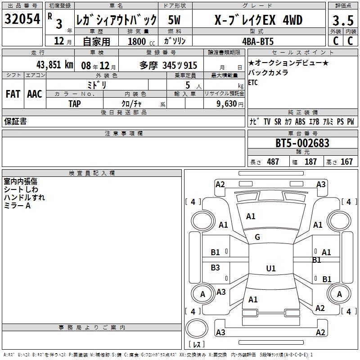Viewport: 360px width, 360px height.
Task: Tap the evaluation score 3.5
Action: [x=342, y=21]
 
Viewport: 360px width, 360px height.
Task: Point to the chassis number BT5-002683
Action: [x=302, y=144]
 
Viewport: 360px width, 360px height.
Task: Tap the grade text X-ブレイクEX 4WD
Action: [x=258, y=20]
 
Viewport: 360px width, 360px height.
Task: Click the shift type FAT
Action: [x=13, y=94]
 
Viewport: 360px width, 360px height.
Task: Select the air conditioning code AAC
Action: [x=34, y=94]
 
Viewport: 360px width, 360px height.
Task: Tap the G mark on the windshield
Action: [x=257, y=237]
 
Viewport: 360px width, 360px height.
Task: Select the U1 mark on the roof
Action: [x=270, y=269]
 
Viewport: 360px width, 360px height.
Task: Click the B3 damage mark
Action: [x=216, y=268]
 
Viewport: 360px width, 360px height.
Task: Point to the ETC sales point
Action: [x=252, y=83]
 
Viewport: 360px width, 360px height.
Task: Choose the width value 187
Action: [x=310, y=162]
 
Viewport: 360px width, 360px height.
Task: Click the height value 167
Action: [x=346, y=162]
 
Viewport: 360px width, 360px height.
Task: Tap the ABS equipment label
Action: [x=300, y=121]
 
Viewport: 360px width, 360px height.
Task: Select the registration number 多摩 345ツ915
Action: [x=168, y=65]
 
